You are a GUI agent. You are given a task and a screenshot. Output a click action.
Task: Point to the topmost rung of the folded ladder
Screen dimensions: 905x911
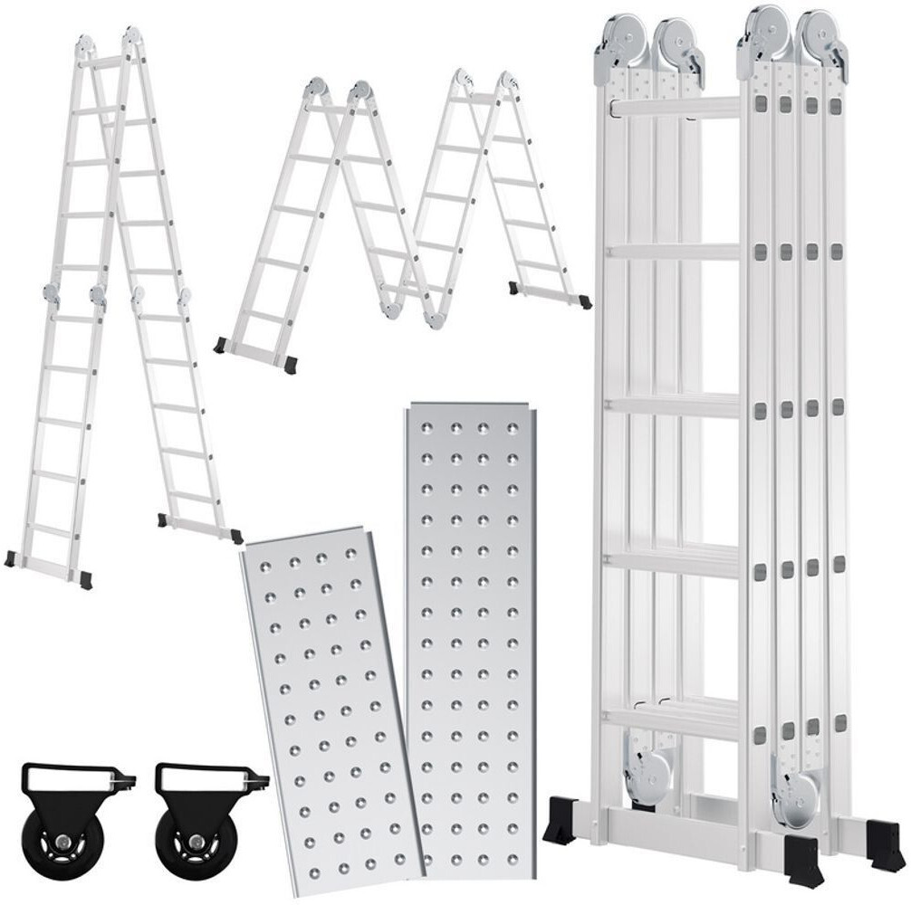(x=675, y=107)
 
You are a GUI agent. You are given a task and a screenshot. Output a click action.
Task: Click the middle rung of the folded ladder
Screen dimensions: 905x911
(x=675, y=405)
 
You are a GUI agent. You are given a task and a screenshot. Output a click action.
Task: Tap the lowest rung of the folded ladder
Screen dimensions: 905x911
(x=675, y=715)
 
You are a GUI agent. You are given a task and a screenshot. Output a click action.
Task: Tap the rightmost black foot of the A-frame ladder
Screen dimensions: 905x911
(x=236, y=536)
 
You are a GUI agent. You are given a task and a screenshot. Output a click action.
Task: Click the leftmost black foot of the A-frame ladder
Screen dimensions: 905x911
(x=10, y=558)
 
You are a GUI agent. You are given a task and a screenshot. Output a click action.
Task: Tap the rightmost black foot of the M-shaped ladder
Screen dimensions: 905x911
(x=584, y=302)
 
